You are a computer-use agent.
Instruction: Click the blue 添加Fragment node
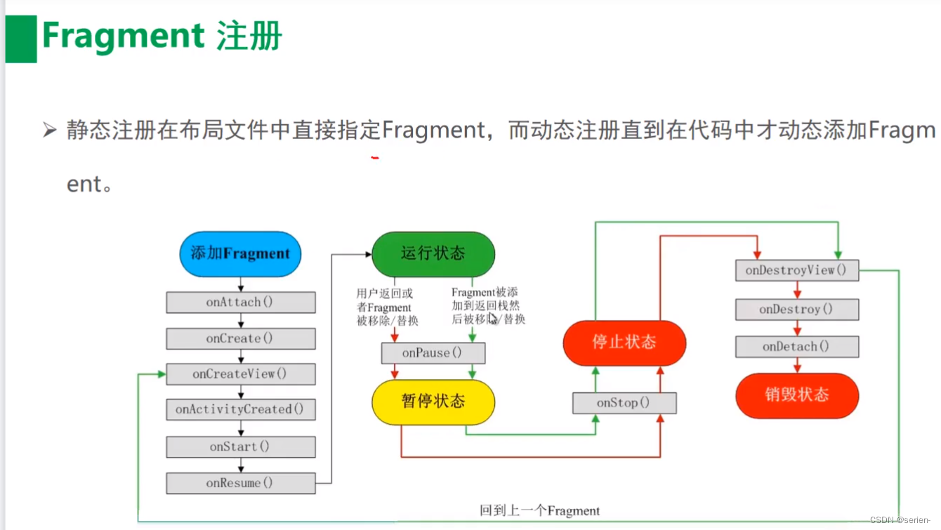(240, 253)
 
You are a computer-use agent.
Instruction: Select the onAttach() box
(240, 303)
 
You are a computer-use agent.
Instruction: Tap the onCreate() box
(240, 338)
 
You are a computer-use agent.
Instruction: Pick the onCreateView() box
(240, 374)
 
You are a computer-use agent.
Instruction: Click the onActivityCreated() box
(240, 409)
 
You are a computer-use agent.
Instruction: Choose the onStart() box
(240, 446)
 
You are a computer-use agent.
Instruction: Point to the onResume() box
(240, 483)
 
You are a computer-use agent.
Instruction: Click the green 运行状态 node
(433, 253)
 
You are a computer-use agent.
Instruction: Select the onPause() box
(433, 353)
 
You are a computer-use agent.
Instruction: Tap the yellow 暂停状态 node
(433, 402)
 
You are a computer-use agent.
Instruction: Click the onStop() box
(624, 403)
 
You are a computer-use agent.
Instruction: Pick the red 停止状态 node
(624, 343)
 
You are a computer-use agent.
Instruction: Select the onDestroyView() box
(796, 270)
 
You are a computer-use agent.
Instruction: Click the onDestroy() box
(796, 310)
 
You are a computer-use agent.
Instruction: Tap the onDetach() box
(796, 347)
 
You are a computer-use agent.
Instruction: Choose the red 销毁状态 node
(796, 395)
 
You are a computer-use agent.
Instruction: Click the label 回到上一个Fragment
(539, 510)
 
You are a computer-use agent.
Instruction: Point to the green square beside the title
(21, 39)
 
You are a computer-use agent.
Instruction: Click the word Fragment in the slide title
(123, 35)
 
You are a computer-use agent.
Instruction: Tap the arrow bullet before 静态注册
(49, 130)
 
